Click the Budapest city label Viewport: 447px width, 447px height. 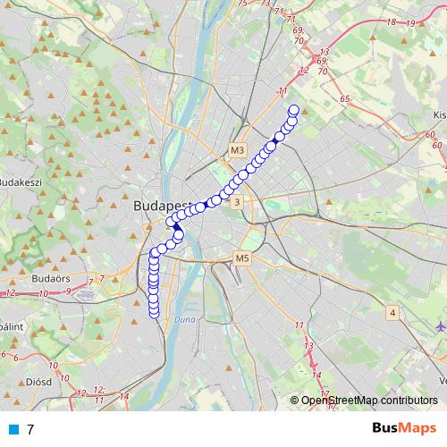[161, 206]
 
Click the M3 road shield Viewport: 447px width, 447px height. [236, 151]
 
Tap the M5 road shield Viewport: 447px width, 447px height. [241, 259]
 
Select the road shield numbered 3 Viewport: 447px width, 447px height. [236, 204]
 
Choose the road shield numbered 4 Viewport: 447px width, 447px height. [392, 313]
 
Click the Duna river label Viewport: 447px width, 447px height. [184, 317]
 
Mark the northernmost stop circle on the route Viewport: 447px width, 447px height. [292, 111]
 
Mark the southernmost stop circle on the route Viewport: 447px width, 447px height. [153, 312]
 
